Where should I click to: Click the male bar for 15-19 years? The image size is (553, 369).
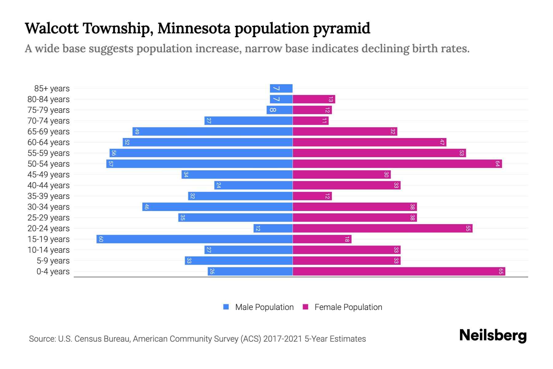[194, 239]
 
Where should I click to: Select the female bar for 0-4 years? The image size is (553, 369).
[399, 271]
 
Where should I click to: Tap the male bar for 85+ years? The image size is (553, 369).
[281, 88]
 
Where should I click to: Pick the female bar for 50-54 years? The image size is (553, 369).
[397, 164]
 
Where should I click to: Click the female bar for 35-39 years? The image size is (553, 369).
[312, 196]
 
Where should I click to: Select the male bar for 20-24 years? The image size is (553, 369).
[273, 228]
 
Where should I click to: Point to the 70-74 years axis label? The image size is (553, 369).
[49, 121]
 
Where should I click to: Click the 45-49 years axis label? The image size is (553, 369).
[49, 175]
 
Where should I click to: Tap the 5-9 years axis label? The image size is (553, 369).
[53, 261]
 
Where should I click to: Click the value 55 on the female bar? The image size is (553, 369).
[468, 228]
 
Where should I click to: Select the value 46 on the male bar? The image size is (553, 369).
[147, 207]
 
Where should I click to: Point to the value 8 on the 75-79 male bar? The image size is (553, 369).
[273, 110]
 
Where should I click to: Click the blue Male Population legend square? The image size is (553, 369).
[226, 307]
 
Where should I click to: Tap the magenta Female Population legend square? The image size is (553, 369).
[305, 307]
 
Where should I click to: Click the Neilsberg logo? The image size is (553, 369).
[493, 335]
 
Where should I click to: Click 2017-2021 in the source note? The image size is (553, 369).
[282, 339]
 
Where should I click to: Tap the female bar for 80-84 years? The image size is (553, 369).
[314, 99]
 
